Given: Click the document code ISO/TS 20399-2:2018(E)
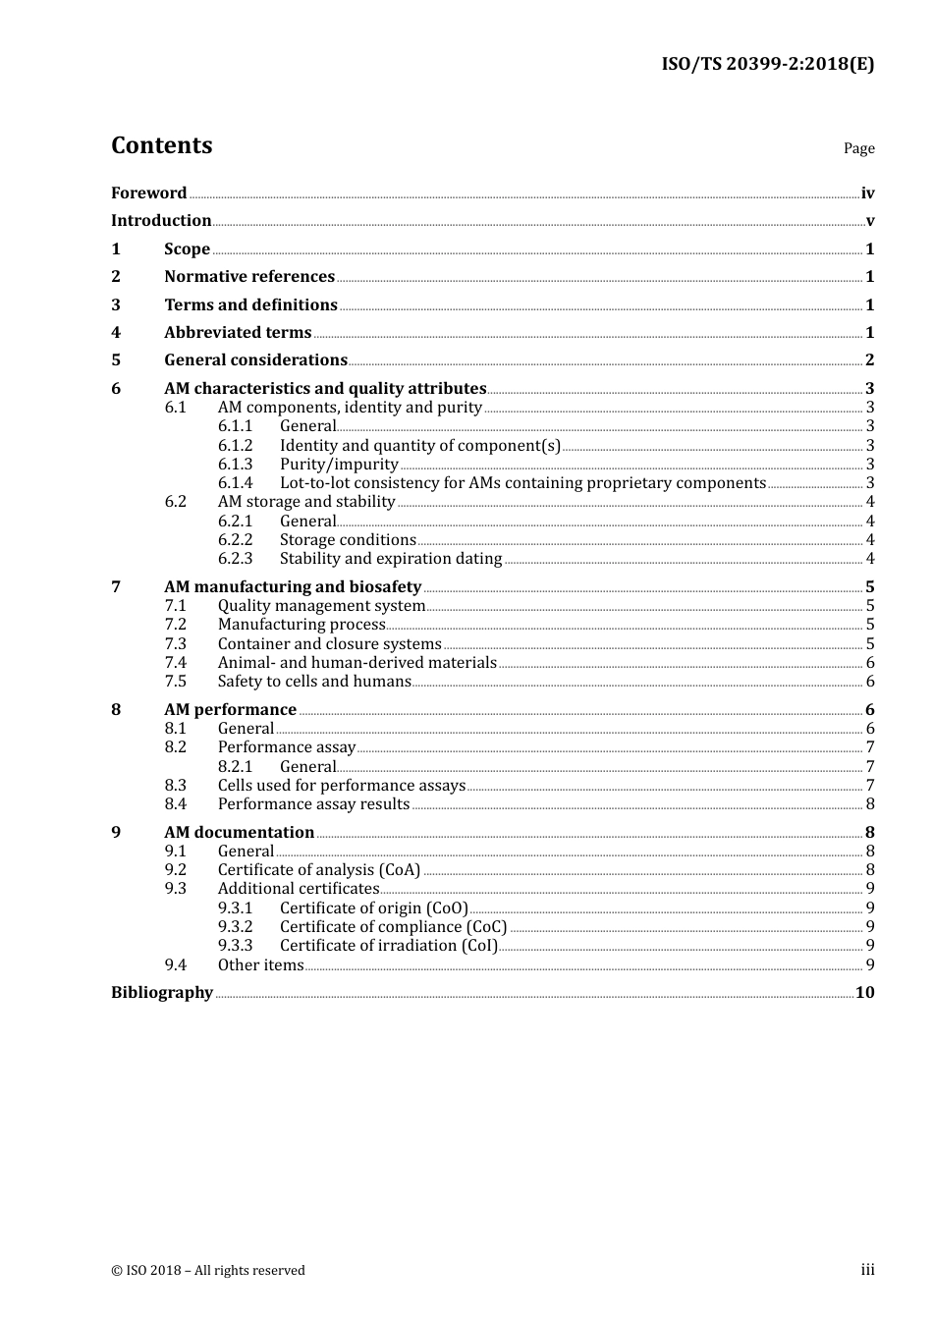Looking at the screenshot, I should click(x=767, y=64).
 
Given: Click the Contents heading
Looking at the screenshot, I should click(x=161, y=145).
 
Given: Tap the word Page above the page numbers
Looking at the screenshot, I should click(x=858, y=148).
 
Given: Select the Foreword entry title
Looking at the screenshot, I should click(x=148, y=192).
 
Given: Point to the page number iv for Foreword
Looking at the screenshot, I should click(x=867, y=193).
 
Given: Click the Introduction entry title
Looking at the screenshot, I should click(x=161, y=220).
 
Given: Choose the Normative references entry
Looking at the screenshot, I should click(x=249, y=277).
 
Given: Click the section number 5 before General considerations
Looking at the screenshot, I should click(x=116, y=360).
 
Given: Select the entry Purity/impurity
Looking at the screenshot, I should click(x=339, y=465).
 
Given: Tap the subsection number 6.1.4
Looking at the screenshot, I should click(x=235, y=483).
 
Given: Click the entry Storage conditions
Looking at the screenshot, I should click(x=348, y=540).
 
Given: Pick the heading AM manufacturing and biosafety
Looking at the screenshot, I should click(x=293, y=587).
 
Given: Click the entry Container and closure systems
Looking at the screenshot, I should click(x=329, y=644).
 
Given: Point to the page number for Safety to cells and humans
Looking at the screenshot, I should click(x=870, y=682).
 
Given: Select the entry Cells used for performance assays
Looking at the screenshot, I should click(x=341, y=786).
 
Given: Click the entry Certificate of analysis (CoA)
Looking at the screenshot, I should click(x=318, y=870).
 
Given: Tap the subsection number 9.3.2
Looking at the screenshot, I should click(x=235, y=927).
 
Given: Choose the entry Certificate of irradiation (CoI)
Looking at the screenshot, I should click(x=388, y=946).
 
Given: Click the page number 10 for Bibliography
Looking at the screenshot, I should click(x=864, y=992).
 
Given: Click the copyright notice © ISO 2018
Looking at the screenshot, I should click(x=208, y=1270).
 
